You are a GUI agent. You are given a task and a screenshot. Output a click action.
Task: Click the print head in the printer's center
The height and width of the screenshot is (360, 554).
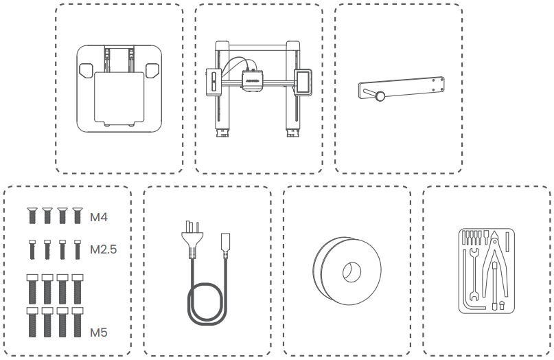tap(252, 78)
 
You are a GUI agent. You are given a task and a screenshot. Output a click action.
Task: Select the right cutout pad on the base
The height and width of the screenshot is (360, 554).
tap(152, 69)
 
